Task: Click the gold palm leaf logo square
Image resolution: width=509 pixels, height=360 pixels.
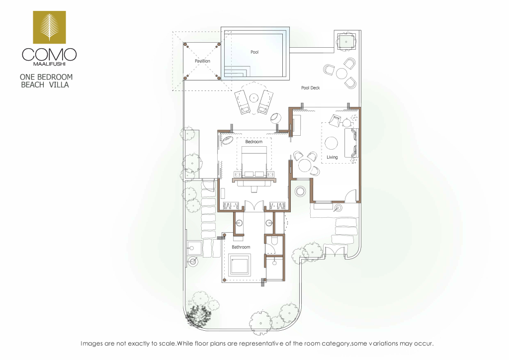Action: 49,27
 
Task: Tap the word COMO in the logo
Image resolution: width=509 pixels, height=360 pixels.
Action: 49,55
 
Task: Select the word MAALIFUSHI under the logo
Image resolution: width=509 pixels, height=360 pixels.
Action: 49,64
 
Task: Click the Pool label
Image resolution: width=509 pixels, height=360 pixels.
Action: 254,52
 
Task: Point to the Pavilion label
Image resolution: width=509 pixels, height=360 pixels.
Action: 202,61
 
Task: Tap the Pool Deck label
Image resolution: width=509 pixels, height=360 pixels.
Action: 310,88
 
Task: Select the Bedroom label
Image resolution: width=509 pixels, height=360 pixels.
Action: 254,142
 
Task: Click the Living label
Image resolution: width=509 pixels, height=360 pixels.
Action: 332,157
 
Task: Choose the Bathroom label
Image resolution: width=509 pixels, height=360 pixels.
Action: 241,247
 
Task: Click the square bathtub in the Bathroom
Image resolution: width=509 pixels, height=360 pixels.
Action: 240,265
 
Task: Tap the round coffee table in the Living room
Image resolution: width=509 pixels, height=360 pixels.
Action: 331,143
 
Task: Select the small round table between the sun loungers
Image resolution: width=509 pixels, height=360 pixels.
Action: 254,97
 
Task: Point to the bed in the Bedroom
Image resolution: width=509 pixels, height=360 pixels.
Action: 254,161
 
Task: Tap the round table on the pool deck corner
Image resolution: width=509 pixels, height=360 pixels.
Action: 341,74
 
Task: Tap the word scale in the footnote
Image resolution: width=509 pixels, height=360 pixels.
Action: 167,344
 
